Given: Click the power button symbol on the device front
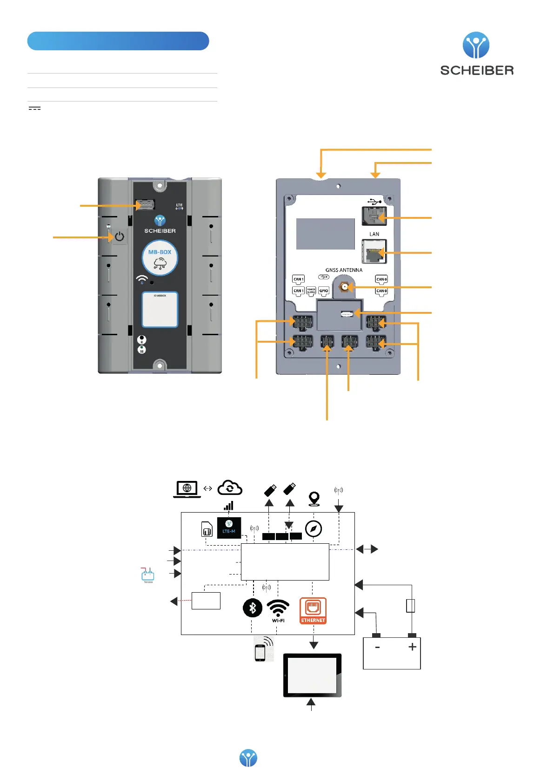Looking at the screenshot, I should pyautogui.click(x=120, y=237).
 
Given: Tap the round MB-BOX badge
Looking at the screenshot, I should pyautogui.click(x=160, y=259).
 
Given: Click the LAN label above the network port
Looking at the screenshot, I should pyautogui.click(x=374, y=234).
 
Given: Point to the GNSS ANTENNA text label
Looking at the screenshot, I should pyautogui.click(x=344, y=270).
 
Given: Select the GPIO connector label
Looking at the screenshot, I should pyautogui.click(x=324, y=291).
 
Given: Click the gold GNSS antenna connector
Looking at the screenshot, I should pyautogui.click(x=345, y=287).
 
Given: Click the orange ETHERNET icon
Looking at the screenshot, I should pyautogui.click(x=313, y=610).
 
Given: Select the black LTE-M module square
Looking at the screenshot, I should pyautogui.click(x=229, y=527).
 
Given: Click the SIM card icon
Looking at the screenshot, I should pyautogui.click(x=207, y=529).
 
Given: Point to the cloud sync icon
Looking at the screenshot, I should pyautogui.click(x=230, y=488).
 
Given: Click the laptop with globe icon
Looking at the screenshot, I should pyautogui.click(x=187, y=489).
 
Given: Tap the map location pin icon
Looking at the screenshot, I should pyautogui.click(x=314, y=499).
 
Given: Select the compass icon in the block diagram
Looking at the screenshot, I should pyautogui.click(x=314, y=529).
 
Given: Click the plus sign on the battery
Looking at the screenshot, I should pyautogui.click(x=412, y=647).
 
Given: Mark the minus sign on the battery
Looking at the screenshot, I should pyautogui.click(x=377, y=647).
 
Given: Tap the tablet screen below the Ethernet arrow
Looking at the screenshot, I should pyautogui.click(x=313, y=675).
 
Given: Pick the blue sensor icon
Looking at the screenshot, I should pyautogui.click(x=148, y=575).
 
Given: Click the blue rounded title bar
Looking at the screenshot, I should pyautogui.click(x=118, y=41).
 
